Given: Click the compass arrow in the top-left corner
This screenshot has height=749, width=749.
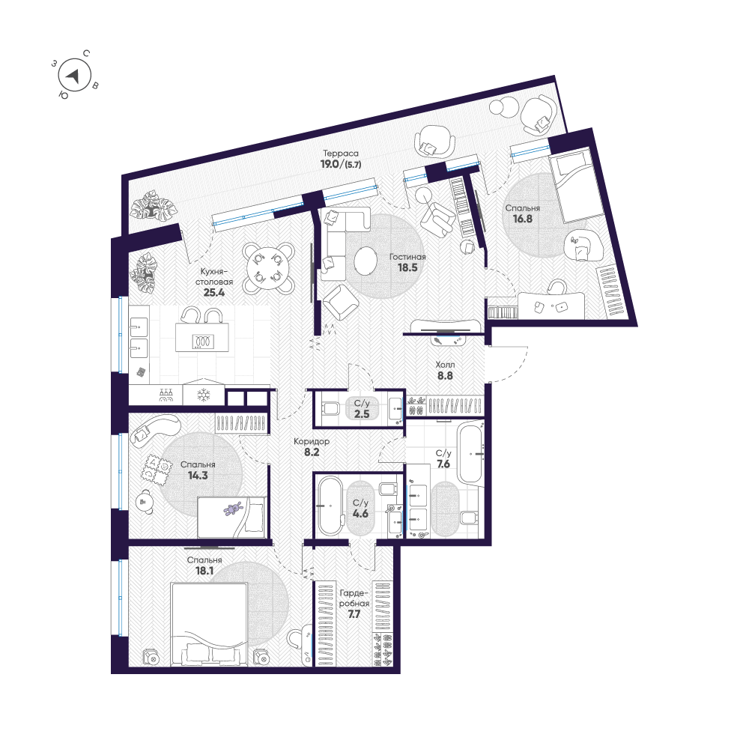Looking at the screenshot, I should (x=73, y=75).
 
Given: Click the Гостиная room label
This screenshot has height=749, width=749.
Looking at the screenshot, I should (x=407, y=255).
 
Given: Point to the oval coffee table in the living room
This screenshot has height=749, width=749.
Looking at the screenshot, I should (x=366, y=261).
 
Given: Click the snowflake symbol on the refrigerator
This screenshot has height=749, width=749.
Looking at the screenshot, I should (x=202, y=395).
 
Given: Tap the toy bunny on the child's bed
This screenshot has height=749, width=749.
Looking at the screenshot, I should (x=233, y=510).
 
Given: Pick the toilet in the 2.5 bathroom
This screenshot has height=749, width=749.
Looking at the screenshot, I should (x=330, y=409).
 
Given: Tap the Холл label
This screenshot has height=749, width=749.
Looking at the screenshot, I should (x=446, y=365).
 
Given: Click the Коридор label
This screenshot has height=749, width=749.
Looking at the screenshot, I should (x=312, y=441).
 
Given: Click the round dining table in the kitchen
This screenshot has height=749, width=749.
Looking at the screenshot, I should (x=269, y=267).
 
